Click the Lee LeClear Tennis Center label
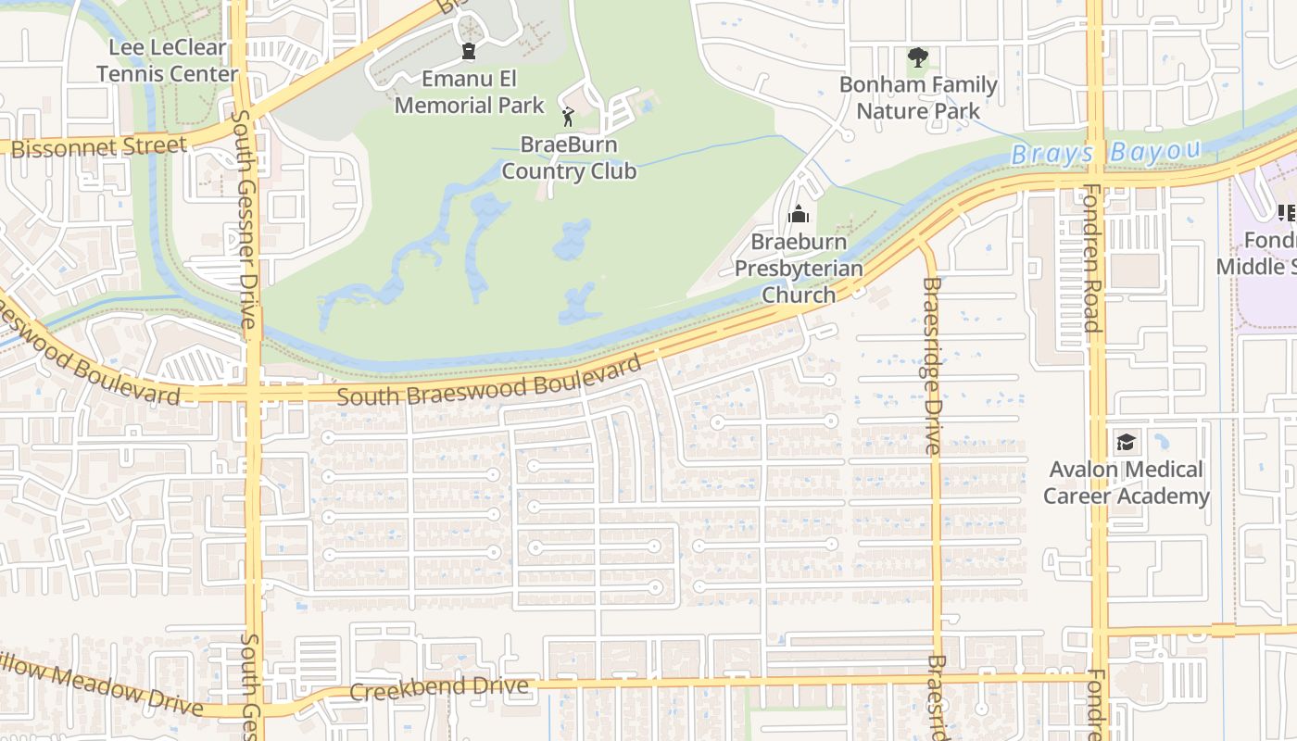click(167, 60)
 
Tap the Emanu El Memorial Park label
click(470, 92)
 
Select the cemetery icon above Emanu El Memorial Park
click(469, 50)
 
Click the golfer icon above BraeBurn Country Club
click(568, 117)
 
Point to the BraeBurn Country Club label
click(569, 158)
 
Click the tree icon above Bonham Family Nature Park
click(917, 58)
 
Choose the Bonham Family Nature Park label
click(917, 98)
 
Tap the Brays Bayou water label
click(1106, 152)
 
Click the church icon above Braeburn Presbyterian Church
click(798, 216)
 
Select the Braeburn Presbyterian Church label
click(799, 269)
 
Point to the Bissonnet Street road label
click(99, 146)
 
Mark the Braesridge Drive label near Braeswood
click(932, 365)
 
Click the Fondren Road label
click(1091, 257)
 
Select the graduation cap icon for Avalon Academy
click(1126, 442)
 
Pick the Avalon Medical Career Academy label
click(1126, 483)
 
